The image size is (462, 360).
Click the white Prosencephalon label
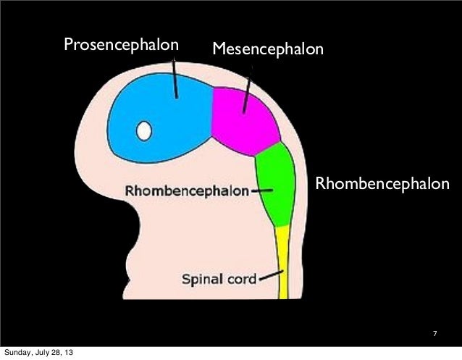click(121, 46)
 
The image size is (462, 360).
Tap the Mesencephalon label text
click(268, 50)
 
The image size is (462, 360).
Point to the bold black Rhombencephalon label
click(188, 192)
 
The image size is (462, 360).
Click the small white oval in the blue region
click(144, 130)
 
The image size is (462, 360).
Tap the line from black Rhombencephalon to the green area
click(261, 191)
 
